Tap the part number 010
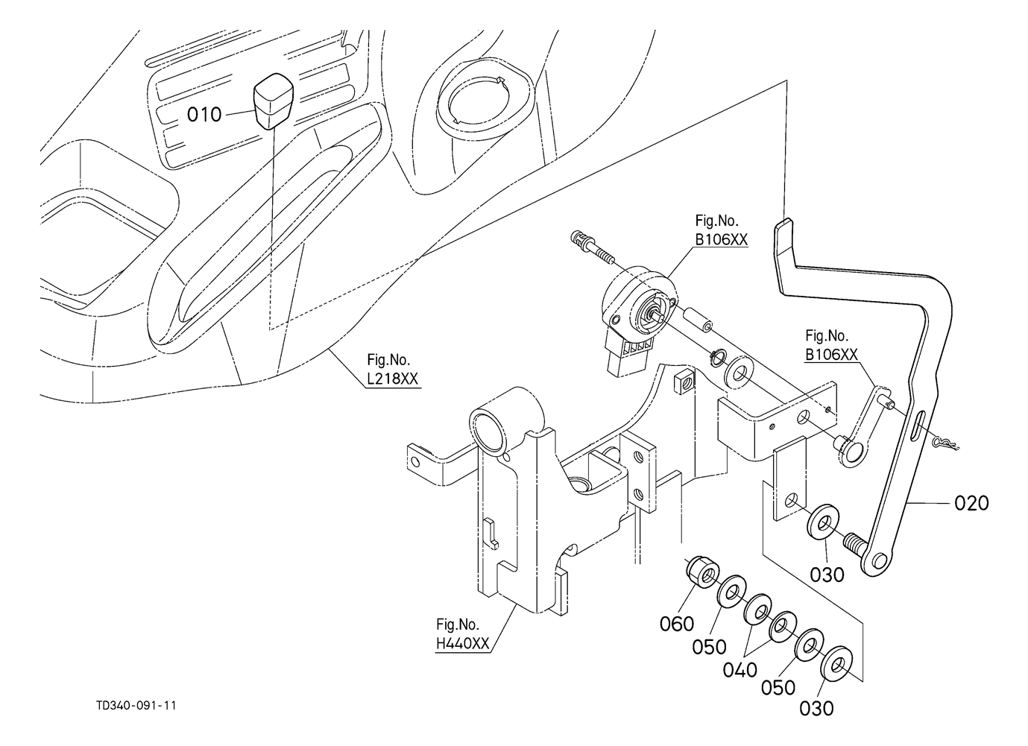pos(204,115)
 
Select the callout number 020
pos(971,503)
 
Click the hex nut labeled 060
pos(701,571)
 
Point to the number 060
pos(676,623)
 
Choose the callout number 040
pos(740,670)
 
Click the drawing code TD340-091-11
pos(136,706)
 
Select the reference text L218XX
pos(393,379)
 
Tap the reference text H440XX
pos(463,643)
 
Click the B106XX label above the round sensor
pos(721,239)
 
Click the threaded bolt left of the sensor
pos(593,247)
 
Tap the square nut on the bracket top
pos(682,384)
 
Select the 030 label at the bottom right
pos(816,708)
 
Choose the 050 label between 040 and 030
pos(778,687)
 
